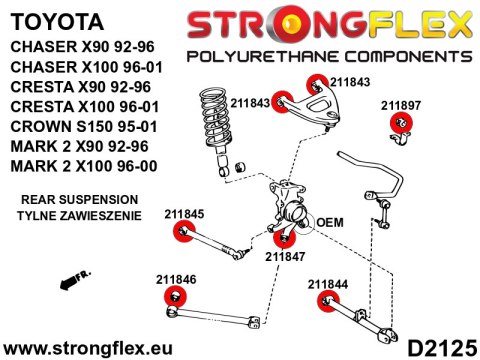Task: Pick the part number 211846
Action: pos(176,279)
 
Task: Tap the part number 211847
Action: pos(285,256)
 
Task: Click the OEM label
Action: pos(330,222)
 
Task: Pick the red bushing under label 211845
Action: pos(181,233)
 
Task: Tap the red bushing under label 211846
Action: pos(176,297)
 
